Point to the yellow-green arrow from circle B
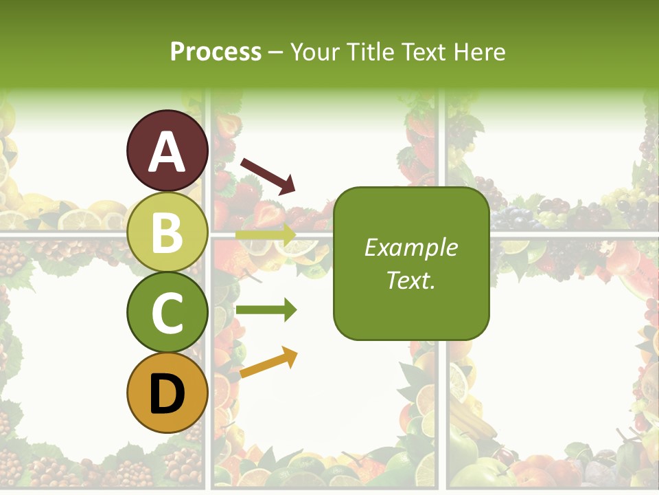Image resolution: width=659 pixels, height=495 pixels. (x=266, y=234)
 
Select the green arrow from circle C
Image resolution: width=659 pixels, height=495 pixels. (x=266, y=310)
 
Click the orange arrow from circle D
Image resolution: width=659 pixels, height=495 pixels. (x=268, y=362)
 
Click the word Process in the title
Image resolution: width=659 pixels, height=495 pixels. (x=216, y=52)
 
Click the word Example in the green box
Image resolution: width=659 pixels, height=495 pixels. (x=411, y=247)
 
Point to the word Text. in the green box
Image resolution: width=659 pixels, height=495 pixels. (x=411, y=280)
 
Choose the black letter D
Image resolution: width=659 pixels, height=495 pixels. (x=167, y=394)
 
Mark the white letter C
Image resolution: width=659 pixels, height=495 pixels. (x=167, y=313)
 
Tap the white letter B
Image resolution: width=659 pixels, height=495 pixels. (x=167, y=232)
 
